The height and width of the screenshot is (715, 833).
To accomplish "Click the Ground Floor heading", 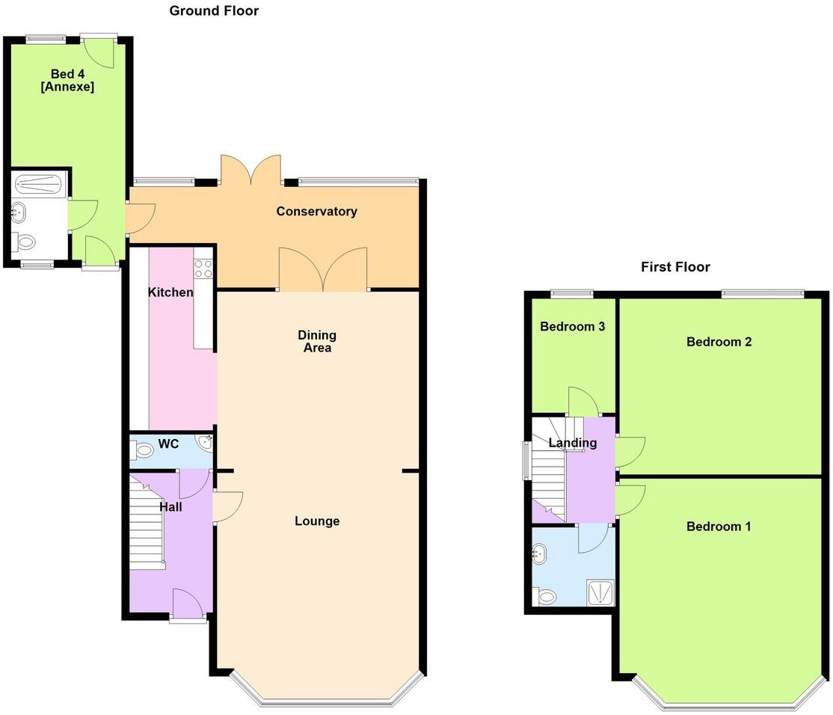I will pyautogui.click(x=214, y=10).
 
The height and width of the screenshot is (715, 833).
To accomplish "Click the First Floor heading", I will pyautogui.click(x=675, y=267).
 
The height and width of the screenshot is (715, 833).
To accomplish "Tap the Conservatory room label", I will pyautogui.click(x=316, y=212).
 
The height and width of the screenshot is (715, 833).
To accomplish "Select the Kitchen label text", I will pyautogui.click(x=170, y=292).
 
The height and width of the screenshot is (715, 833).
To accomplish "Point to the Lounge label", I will pyautogui.click(x=316, y=521).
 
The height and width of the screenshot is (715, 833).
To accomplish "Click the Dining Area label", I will pyautogui.click(x=316, y=341).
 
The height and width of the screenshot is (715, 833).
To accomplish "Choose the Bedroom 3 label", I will pyautogui.click(x=572, y=327).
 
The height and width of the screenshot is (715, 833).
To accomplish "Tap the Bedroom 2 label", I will pyautogui.click(x=719, y=342).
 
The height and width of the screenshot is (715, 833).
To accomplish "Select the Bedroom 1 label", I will pyautogui.click(x=719, y=527).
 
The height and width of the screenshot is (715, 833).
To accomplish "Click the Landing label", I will pyautogui.click(x=572, y=443).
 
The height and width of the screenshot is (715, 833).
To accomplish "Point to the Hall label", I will pyautogui.click(x=170, y=506).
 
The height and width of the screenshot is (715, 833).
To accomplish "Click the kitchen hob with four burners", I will pyautogui.click(x=203, y=269).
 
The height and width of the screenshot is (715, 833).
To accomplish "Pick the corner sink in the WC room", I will pyautogui.click(x=205, y=441).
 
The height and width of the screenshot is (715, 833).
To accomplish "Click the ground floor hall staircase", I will pyautogui.click(x=147, y=524).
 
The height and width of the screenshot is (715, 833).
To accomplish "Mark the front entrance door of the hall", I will pyautogui.click(x=187, y=604).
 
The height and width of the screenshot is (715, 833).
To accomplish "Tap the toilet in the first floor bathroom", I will pyautogui.click(x=546, y=596).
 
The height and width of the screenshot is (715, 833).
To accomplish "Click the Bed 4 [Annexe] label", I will pyautogui.click(x=72, y=80).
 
